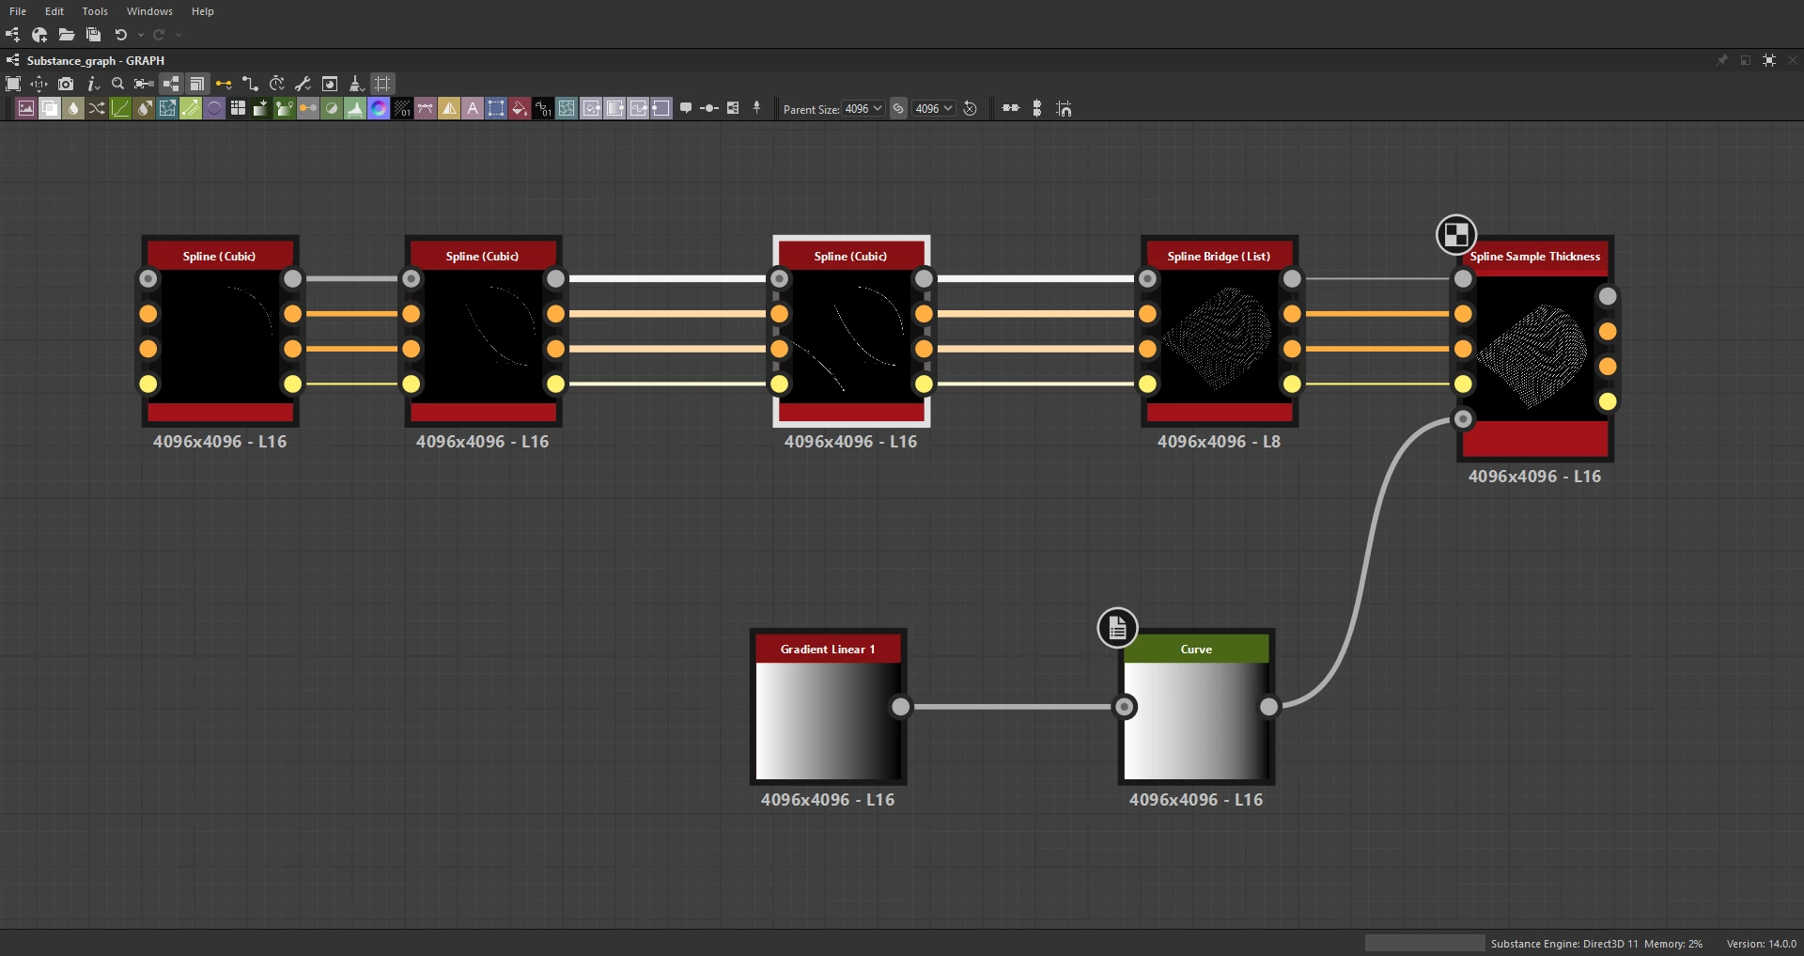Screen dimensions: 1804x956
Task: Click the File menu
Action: tap(18, 11)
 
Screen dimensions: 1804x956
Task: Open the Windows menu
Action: tap(149, 11)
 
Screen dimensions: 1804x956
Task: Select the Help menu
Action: tap(203, 11)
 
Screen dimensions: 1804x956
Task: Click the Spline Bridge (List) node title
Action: tap(1219, 256)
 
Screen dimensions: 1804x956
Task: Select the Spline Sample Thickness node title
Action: tap(1535, 256)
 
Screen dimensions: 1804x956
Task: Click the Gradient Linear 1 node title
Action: tap(828, 649)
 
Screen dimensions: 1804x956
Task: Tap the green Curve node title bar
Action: tap(1196, 649)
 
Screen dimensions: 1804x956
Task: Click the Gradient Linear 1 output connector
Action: tap(900, 707)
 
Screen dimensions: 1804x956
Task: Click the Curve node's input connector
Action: tap(1124, 707)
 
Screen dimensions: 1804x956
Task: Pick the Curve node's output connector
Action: tap(1268, 707)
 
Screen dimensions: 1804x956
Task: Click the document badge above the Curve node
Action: tap(1117, 628)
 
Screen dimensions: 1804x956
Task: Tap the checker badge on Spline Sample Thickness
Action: tap(1456, 235)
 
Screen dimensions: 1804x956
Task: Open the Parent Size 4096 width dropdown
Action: tap(863, 109)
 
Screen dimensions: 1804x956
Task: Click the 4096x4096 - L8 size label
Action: tap(1219, 442)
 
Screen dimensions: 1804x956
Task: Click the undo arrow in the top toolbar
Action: tap(120, 35)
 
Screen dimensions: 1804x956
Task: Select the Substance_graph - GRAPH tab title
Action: tap(96, 60)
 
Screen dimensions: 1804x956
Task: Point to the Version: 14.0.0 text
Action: tap(1761, 944)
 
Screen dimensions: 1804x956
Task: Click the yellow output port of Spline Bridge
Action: tap(1292, 384)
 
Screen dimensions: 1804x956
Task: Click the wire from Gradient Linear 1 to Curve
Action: tap(1012, 707)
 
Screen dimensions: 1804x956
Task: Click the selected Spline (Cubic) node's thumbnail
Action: tap(851, 337)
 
